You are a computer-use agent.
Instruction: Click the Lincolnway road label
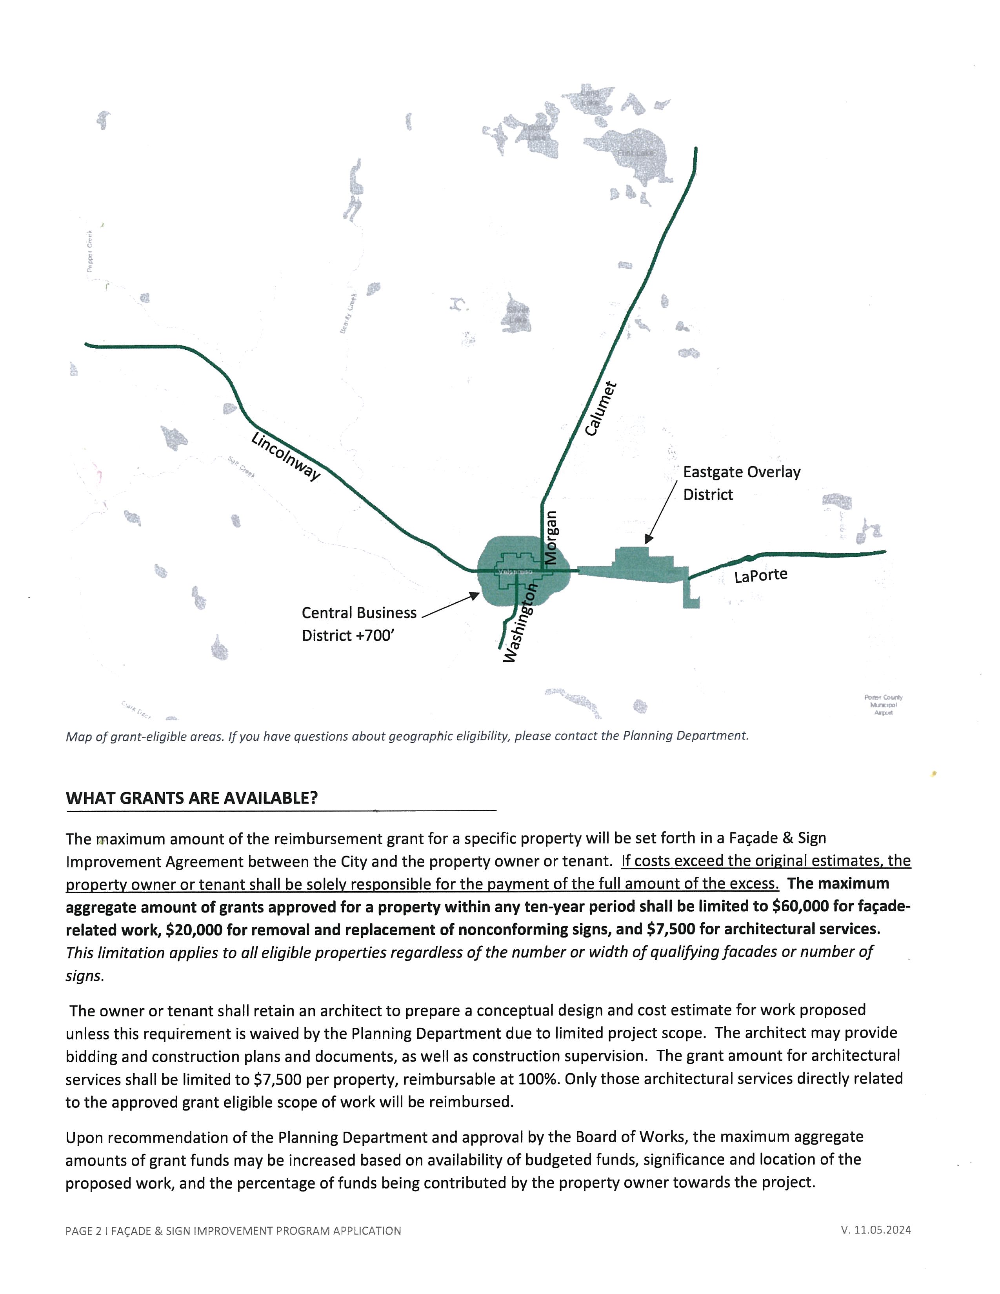(285, 456)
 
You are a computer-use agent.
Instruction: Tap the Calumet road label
(601, 409)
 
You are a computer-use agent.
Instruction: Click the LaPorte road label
(761, 575)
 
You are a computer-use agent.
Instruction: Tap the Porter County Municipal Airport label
(883, 705)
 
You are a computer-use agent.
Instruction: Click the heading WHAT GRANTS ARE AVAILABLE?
(191, 798)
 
